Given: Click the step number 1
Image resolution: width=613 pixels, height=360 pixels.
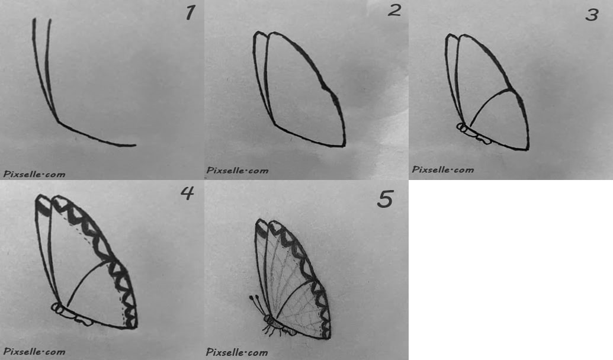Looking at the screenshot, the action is pos(190,12).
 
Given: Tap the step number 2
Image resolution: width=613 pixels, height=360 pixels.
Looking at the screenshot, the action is pos(394,10).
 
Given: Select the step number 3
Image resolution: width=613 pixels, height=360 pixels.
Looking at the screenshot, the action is pos(592,15).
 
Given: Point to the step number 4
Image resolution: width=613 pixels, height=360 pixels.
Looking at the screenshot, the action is pos(187,192).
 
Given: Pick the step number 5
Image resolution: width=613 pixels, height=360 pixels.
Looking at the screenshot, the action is pos(385,199).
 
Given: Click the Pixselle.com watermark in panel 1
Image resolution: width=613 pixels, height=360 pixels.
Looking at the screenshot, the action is pos(34,174).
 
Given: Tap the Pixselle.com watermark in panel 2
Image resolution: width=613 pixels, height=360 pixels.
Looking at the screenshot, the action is pos(238,171).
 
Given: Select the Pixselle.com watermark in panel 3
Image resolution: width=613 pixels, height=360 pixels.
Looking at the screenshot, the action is pos(442,170).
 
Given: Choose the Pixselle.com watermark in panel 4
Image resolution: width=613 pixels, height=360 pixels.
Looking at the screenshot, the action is pos(34,351).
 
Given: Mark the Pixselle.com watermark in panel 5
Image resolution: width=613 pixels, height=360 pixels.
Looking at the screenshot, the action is pos(237,352).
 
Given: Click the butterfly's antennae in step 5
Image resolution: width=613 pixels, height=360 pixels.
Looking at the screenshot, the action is pos(259,306).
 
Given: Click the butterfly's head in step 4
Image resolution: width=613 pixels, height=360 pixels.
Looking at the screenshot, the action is pos(56,308).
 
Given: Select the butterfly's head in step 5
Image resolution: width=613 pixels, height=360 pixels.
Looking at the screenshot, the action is pos(268,319).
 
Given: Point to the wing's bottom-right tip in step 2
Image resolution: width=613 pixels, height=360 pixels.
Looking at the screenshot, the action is pos(344,146).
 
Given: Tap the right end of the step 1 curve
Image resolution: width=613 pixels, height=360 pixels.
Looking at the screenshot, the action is pos(135,146).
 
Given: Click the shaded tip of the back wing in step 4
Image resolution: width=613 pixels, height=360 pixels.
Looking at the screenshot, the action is pos(42,205).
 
